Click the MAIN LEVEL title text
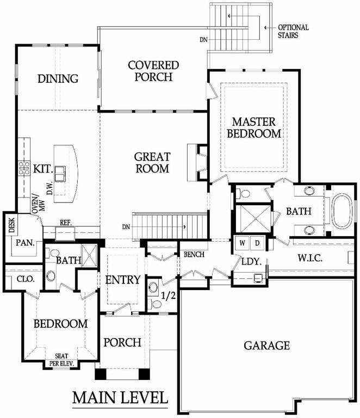120,397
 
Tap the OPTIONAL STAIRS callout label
293,31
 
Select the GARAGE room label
266,346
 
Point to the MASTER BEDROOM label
254,128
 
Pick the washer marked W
242,243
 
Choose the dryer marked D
257,243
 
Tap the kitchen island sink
60,174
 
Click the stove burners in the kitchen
24,169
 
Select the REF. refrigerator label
65,223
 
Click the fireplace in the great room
197,163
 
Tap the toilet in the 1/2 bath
156,304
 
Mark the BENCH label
194,254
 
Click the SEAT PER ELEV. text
61,360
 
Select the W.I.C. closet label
309,258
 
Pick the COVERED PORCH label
153,71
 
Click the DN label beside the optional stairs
204,40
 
